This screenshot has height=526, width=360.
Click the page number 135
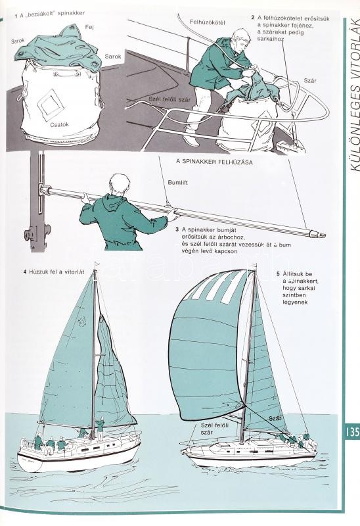pos(351,431)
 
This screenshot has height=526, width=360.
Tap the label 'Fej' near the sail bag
pos(89,27)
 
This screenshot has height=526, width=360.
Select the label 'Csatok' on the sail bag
pos(60,124)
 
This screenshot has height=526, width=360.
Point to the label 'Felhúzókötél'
pos(208,22)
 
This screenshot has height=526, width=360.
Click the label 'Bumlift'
pos(177,183)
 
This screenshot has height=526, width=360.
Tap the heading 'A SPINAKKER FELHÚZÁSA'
pos(215,162)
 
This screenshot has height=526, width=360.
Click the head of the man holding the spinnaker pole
pos(120,185)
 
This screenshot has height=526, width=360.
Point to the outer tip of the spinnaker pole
pos(325,236)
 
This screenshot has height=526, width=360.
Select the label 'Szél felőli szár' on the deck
pos(169,99)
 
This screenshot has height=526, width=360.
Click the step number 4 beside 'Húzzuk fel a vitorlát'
pos(25,272)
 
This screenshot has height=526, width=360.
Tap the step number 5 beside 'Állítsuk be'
pos(278,274)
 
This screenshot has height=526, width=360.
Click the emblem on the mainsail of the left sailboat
pos(81,322)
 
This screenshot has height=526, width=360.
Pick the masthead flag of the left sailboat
pos(97,264)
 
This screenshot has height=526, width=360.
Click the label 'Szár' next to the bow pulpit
pos(309,80)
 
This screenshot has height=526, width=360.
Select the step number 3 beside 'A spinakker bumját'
pos(177,229)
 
